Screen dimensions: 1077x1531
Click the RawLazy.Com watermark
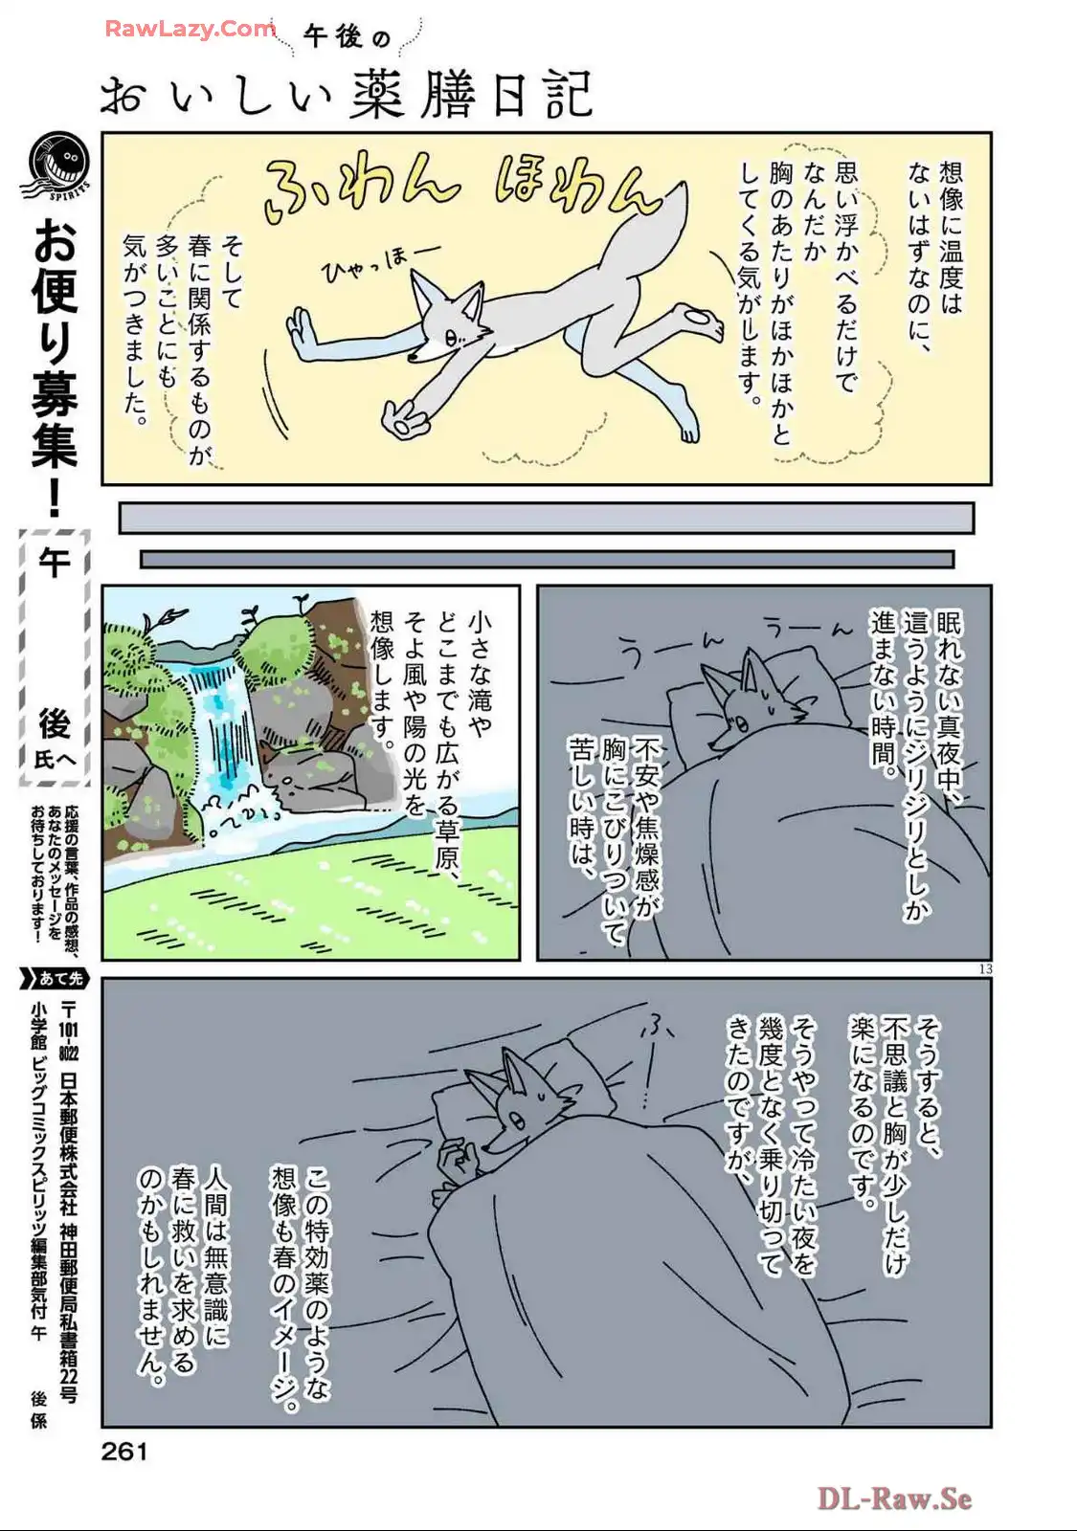pyautogui.click(x=191, y=29)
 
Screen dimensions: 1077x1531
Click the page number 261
pyautogui.click(x=123, y=1451)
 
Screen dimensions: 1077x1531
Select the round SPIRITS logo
pyautogui.click(x=58, y=166)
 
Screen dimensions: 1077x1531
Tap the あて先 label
pyautogui.click(x=57, y=979)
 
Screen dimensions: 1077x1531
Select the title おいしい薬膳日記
pyautogui.click(x=346, y=93)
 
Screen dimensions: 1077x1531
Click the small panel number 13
pyautogui.click(x=985, y=969)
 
